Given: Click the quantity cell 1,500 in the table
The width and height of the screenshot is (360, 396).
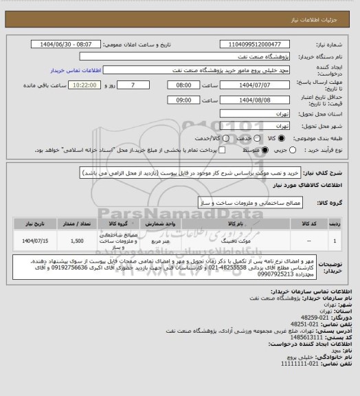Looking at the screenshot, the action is (x=76, y=242).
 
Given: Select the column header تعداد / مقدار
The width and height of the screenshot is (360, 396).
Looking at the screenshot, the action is (x=76, y=223).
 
